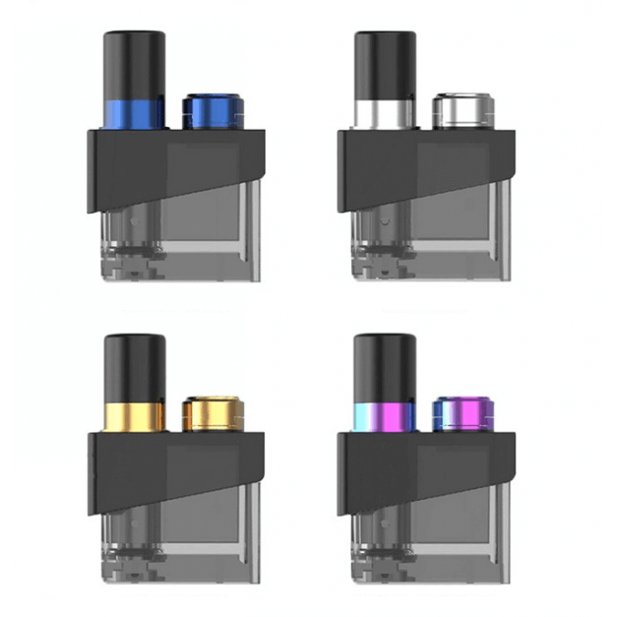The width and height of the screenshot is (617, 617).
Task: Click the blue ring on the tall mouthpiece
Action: (x=134, y=113)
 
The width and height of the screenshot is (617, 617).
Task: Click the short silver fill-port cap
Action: (x=456, y=111)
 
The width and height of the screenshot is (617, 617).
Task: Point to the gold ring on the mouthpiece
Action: (x=134, y=416)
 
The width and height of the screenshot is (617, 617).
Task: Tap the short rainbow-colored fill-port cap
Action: (x=456, y=414)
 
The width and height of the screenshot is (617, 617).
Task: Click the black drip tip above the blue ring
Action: (x=134, y=64)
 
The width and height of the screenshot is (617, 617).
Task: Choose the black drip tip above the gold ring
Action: (x=134, y=367)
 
